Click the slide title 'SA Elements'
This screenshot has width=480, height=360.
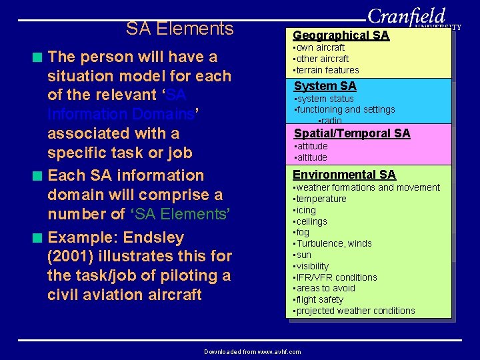[179, 29]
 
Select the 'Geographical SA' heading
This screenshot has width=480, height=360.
[341, 35]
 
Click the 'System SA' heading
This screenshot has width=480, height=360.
[325, 86]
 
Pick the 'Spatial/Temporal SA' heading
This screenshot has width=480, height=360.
[352, 133]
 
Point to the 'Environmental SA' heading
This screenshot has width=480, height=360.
[344, 175]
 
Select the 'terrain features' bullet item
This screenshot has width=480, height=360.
[326, 70]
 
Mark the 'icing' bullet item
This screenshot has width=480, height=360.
[306, 210]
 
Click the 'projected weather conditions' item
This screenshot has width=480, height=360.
[354, 311]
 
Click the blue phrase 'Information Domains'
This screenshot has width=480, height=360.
[120, 115]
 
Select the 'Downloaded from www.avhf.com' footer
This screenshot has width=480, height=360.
[252, 351]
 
